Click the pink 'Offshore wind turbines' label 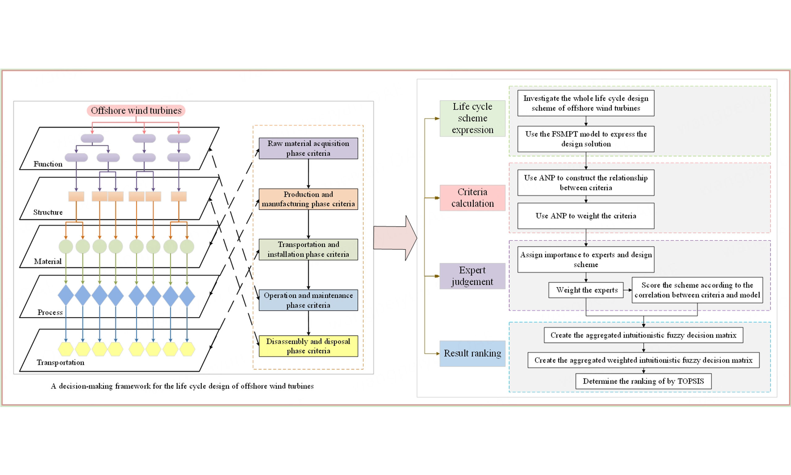136,110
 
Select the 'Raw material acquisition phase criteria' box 308,148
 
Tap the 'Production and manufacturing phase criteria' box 308,199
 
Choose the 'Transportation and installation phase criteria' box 308,249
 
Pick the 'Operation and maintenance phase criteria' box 308,300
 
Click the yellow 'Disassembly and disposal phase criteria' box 308,346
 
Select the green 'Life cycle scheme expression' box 472,118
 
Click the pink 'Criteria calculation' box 472,198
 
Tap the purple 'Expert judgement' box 472,276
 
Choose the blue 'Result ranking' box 472,353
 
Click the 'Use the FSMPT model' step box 586,139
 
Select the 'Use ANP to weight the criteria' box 586,216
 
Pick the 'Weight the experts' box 586,290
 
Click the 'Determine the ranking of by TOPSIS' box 643,381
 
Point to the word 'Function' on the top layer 48,164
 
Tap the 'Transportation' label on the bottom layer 61,362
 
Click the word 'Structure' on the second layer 48,212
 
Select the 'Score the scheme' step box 697,290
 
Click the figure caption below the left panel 182,386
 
